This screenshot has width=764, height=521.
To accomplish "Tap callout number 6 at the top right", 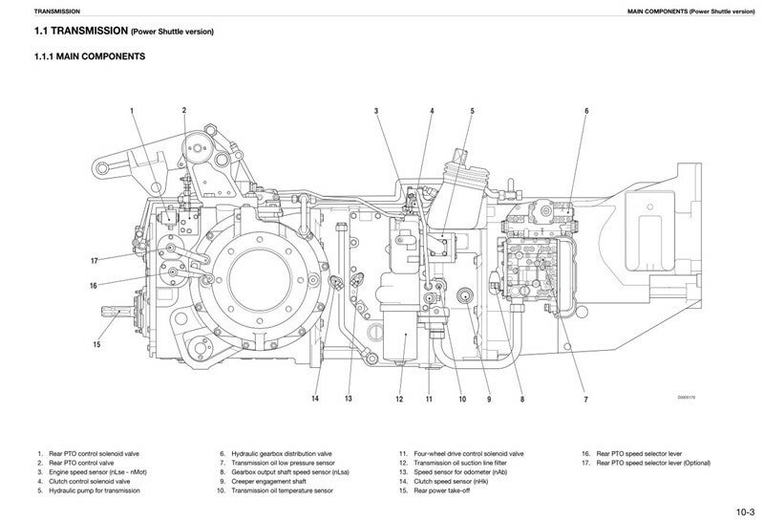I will click(x=586, y=112).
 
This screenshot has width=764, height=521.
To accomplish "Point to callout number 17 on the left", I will click(x=95, y=261).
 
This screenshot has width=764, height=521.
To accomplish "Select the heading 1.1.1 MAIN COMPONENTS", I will click(x=89, y=57).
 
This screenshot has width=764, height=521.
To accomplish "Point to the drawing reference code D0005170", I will click(x=687, y=397).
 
